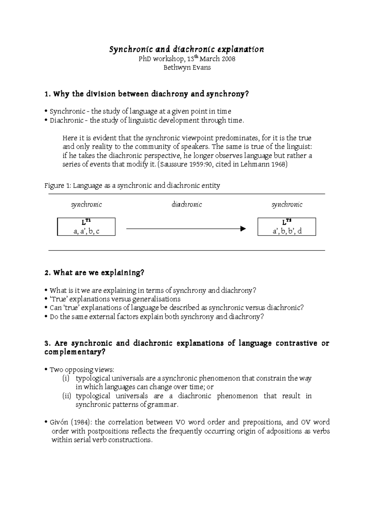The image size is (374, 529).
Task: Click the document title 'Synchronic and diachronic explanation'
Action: coord(187,49)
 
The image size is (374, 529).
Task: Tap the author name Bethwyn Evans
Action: coord(187,68)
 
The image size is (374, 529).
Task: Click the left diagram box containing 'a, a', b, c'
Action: coord(86,227)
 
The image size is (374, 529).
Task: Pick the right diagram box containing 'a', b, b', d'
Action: coord(287,227)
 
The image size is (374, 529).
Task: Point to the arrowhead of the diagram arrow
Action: coord(243,229)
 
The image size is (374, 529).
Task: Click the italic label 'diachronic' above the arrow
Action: coord(187,205)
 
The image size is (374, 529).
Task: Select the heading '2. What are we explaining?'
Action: coord(94,273)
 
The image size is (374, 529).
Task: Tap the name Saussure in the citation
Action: coord(173,164)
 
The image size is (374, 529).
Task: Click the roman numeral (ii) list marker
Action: coord(66,396)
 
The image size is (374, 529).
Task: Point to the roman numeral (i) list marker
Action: coord(66,379)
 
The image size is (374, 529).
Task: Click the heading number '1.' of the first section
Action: coord(47,94)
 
